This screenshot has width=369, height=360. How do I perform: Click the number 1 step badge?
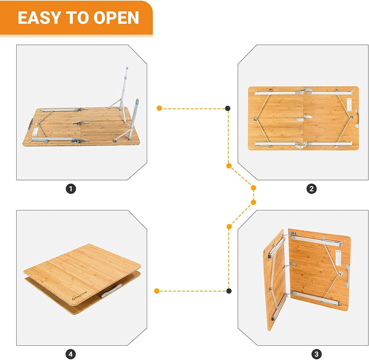pyautogui.click(x=71, y=188)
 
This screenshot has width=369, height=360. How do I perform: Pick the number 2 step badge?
pyautogui.click(x=312, y=188)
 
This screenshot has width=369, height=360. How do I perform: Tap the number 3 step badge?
pyautogui.click(x=316, y=354)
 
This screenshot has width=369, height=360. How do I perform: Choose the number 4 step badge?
pyautogui.click(x=71, y=354)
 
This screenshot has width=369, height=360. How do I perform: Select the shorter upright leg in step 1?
pyautogui.click(x=137, y=115)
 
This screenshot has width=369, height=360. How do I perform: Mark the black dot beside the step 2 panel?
pyautogui.click(x=228, y=108)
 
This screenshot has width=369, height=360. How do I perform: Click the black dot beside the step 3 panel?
pyautogui.click(x=228, y=291)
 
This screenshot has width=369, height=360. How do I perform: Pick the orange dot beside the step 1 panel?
pyautogui.click(x=159, y=108)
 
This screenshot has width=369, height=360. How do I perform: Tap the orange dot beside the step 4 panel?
pyautogui.click(x=157, y=291)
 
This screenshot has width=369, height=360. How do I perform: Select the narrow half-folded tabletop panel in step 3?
pyautogui.click(x=276, y=279)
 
